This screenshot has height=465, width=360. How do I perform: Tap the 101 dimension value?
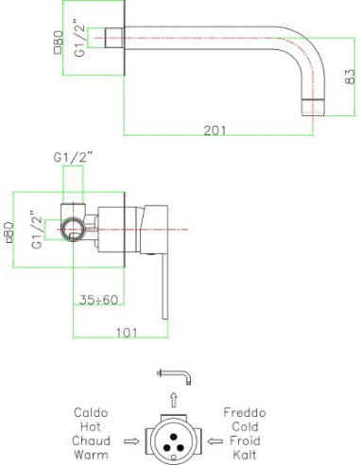click(128, 332)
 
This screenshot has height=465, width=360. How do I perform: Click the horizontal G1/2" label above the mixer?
click(73, 157)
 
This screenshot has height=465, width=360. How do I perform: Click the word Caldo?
click(91, 413)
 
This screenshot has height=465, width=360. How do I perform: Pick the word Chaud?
click(91, 440)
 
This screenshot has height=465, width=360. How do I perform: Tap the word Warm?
click(91, 455)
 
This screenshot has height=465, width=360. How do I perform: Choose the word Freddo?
click(245, 413)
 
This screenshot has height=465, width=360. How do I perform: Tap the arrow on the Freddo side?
click(209, 440)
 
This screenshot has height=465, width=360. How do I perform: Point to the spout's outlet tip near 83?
click(312, 103)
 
